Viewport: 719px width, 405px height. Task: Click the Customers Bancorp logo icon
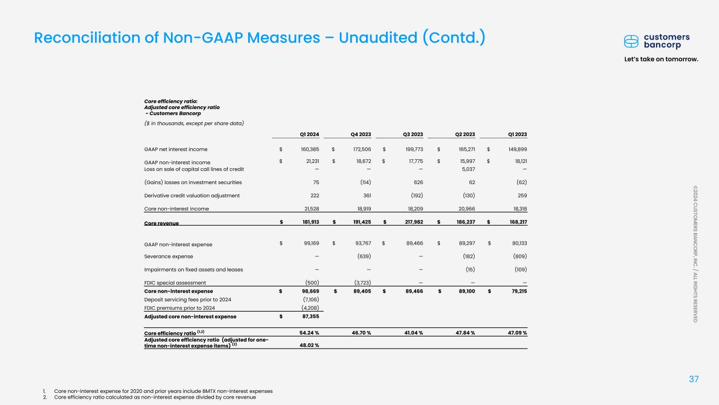coord(632,41)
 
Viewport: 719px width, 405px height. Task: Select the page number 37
coord(695,379)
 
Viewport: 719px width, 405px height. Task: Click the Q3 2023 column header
coord(413,134)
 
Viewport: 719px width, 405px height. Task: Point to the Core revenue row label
coord(162,223)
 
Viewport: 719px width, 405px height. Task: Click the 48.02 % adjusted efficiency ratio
coord(309,345)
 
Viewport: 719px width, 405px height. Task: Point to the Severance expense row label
coord(169,256)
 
